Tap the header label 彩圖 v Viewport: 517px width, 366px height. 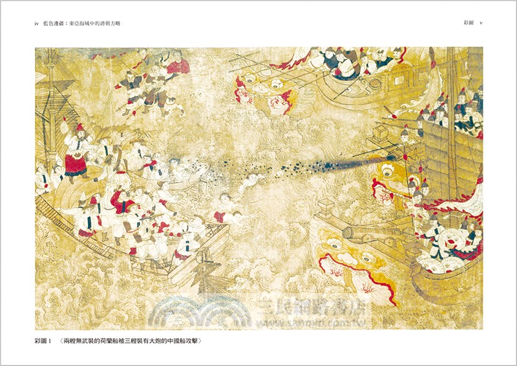coord(472,24)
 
